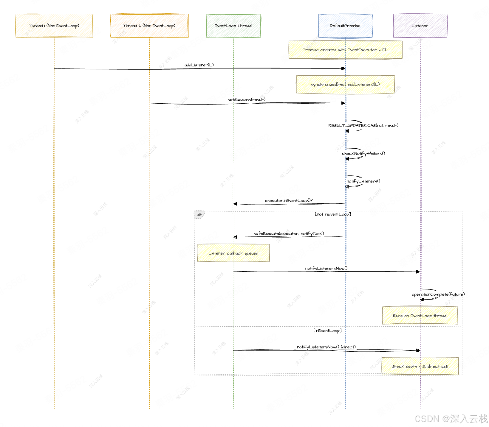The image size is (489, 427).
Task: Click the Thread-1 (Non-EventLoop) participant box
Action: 54,26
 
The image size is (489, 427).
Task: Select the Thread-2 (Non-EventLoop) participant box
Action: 149,26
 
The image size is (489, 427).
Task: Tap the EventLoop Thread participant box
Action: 233,26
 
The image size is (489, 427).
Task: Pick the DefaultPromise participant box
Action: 345,26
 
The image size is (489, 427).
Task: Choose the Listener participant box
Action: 420,26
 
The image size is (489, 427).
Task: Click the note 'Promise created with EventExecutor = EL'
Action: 345,50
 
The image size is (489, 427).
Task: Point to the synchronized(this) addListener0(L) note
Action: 345,85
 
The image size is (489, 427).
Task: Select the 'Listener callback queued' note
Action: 233,253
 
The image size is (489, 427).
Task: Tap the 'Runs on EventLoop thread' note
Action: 420,316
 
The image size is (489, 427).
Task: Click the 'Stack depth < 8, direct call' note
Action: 420,366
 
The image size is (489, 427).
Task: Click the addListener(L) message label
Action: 199,65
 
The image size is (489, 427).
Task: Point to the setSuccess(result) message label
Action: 247,99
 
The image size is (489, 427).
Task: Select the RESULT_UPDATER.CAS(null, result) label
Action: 363,125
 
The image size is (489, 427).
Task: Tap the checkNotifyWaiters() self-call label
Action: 363,153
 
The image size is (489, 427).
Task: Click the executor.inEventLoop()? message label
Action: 289,200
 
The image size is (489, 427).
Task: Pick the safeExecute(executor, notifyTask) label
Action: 289,233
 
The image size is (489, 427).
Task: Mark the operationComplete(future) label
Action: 438,294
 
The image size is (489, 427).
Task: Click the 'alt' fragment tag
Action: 199,215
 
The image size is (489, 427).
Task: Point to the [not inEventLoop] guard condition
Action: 333,214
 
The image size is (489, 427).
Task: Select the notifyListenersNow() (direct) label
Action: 326,347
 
